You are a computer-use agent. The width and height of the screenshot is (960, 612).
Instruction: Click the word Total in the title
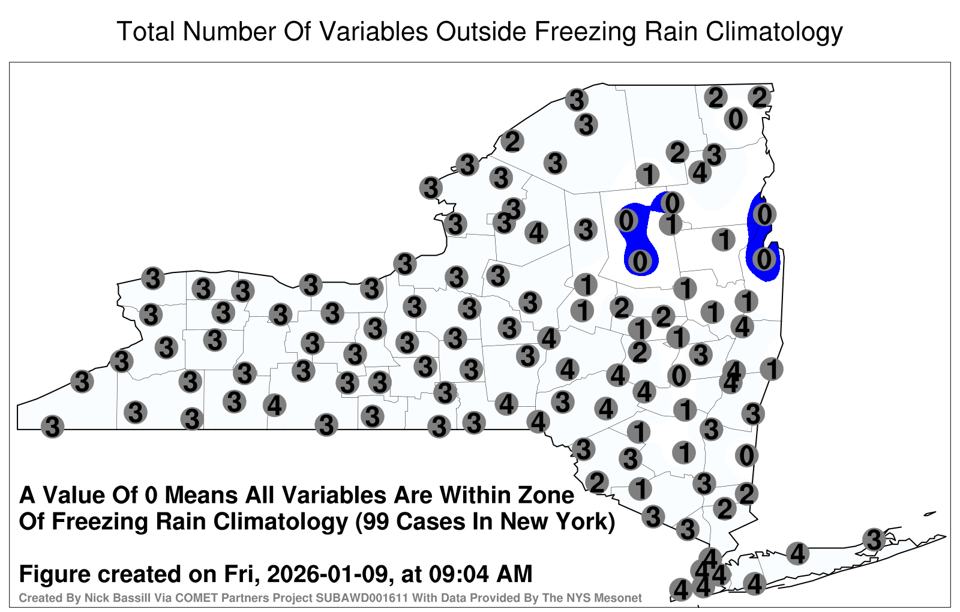pos(145,31)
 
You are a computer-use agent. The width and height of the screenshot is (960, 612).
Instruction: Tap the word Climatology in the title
pos(775,32)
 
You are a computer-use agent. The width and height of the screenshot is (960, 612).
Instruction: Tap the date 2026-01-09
pos(328,574)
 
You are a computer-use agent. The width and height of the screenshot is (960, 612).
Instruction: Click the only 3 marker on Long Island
pos(874,539)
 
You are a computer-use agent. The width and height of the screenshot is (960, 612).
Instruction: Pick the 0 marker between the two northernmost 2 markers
pos(736,119)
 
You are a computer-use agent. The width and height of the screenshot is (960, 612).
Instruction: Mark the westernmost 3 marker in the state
pos(52,427)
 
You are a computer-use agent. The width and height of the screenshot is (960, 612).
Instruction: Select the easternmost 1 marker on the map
pos(772,369)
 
